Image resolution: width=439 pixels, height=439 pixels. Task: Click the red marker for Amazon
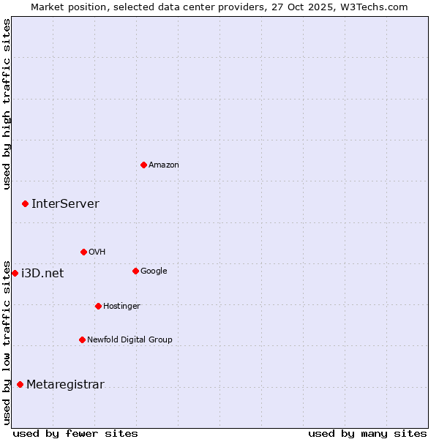point(143,165)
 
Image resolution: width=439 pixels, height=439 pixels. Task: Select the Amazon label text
point(164,165)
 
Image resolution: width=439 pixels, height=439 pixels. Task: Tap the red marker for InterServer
point(25,203)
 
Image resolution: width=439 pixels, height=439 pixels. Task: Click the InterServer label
point(65,204)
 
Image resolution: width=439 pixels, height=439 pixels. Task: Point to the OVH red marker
point(83,252)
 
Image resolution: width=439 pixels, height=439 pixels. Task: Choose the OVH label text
point(97,252)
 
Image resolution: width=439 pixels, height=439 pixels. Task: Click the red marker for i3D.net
point(15,273)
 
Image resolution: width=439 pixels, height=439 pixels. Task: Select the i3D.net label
point(42,274)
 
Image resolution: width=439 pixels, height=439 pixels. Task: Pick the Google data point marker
point(135,271)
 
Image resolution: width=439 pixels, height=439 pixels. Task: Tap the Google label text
point(154,271)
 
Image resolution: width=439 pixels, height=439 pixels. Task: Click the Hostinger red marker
point(98,306)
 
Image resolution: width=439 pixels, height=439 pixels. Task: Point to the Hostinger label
point(121,307)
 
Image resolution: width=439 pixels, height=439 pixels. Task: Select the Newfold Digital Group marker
point(82,339)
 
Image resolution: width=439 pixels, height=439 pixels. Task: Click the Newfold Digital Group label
point(130,340)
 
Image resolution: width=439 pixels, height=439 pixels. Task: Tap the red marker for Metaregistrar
point(20,384)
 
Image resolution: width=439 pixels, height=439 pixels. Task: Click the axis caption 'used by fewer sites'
point(75,433)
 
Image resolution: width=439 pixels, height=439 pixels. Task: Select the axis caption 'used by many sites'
point(367,433)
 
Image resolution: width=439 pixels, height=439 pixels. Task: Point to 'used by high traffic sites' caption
point(7,104)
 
